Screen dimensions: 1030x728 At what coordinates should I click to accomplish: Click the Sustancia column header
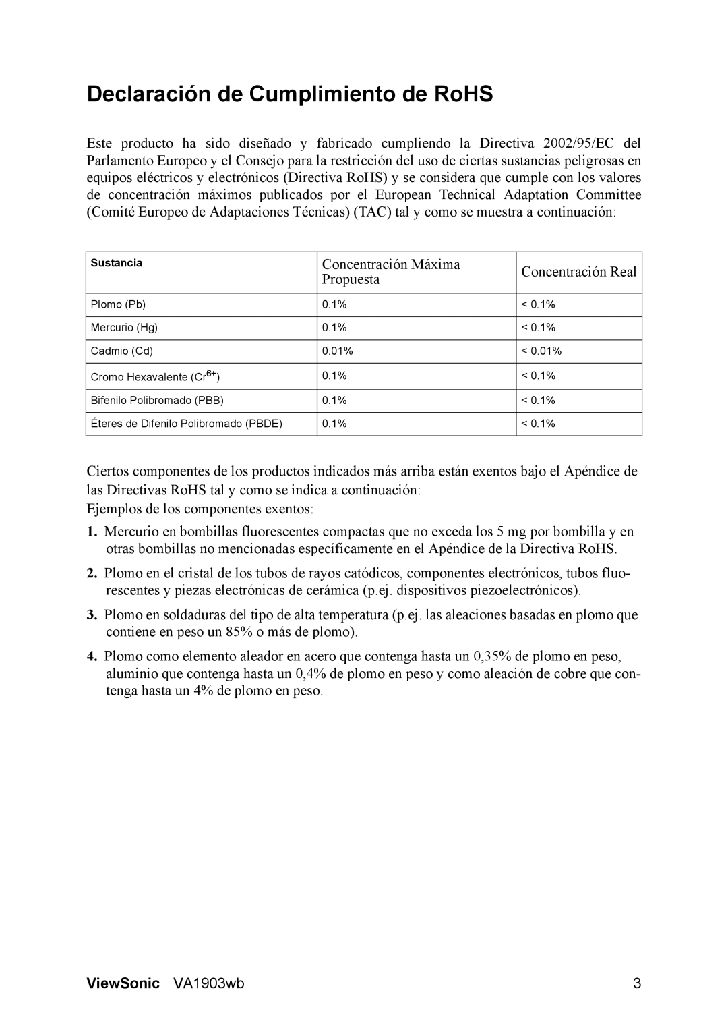[117, 264]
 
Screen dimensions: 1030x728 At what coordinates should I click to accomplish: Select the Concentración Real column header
[578, 272]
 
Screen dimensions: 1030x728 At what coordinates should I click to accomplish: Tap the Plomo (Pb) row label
[118, 305]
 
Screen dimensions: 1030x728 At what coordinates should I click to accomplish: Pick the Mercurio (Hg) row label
[124, 328]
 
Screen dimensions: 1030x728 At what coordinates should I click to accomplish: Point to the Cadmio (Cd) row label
[122, 351]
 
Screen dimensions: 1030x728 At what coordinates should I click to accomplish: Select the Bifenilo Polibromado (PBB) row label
[157, 401]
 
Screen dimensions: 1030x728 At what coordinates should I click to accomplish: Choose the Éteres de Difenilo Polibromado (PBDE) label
[186, 424]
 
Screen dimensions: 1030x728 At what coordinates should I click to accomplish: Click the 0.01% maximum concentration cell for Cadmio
[338, 351]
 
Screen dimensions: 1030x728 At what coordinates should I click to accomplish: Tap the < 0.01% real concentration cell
[541, 351]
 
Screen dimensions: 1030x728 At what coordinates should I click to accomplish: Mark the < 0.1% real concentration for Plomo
[538, 305]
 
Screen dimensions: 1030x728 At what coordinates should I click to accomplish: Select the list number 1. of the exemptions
[92, 532]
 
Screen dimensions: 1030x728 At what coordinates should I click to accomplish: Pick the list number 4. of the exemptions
[92, 656]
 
